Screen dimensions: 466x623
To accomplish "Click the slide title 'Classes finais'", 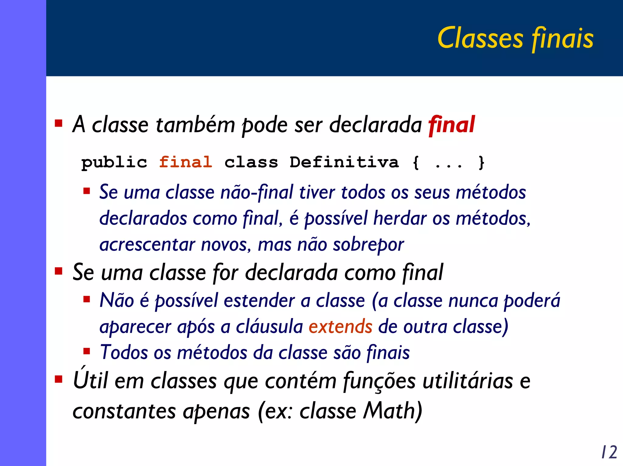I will [515, 38].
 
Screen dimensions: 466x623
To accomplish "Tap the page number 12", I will [609, 452].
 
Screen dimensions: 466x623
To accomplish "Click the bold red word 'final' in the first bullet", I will [451, 125].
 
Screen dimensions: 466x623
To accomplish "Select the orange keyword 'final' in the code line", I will [186, 162].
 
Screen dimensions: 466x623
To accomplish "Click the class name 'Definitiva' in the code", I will [344, 162].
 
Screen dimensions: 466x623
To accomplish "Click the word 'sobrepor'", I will [368, 245].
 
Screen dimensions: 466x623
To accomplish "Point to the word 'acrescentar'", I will [147, 245].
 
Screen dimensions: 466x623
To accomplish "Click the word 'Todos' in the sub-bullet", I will [124, 352].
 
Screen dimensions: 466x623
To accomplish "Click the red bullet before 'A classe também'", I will [58, 123].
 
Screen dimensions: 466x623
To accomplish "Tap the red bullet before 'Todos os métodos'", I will [87, 352].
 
